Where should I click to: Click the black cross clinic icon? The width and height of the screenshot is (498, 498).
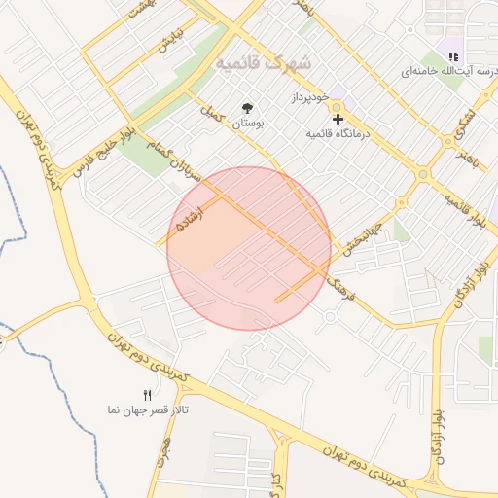click(x=338, y=118)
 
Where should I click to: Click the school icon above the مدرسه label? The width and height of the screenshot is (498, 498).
click(x=452, y=54)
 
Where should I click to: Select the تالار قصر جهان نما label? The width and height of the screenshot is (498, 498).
click(x=147, y=410)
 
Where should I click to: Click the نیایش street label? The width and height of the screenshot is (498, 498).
click(x=171, y=42)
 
